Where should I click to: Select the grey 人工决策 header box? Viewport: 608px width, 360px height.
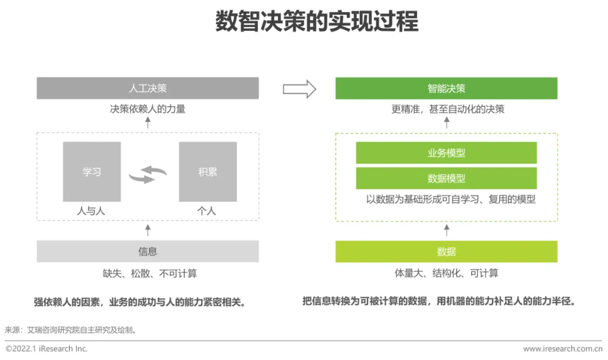click(x=147, y=88)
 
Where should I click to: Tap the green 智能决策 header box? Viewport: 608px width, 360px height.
click(x=446, y=88)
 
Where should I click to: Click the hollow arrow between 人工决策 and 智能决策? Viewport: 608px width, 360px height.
click(x=299, y=89)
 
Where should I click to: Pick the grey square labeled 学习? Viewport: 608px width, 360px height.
click(x=92, y=172)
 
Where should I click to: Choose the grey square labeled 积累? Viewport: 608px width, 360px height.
click(x=208, y=172)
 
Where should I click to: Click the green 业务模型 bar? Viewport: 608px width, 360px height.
click(x=446, y=153)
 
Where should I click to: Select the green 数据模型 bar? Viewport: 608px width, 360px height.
click(x=446, y=178)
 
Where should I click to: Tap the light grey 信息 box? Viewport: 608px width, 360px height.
click(x=147, y=251)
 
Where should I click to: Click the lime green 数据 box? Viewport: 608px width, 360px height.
click(x=446, y=251)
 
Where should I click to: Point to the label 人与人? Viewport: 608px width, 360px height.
click(x=91, y=211)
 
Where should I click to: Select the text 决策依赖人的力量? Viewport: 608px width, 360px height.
click(x=147, y=109)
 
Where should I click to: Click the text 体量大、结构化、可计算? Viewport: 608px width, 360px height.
click(x=446, y=273)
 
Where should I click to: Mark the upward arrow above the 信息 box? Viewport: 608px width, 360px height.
click(x=148, y=229)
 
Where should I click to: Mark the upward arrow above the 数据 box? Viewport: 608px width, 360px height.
click(x=447, y=229)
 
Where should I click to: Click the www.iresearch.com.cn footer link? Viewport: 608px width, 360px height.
click(x=562, y=349)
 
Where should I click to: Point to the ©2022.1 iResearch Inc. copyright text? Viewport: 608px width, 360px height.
click(x=47, y=349)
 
